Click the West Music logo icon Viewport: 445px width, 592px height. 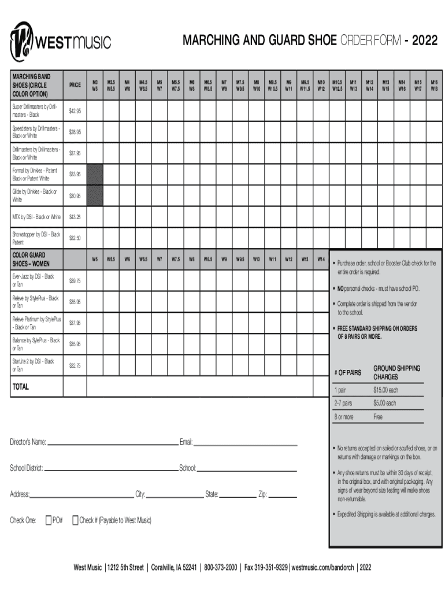[24, 40]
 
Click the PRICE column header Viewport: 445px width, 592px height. [75, 85]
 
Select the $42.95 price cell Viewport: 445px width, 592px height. [75, 110]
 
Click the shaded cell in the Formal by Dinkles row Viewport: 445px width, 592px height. [94, 174]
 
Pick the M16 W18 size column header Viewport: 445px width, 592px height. [433, 85]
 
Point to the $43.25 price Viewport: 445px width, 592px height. [75, 217]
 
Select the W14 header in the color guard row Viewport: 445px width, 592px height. [321, 260]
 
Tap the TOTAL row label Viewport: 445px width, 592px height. [21, 386]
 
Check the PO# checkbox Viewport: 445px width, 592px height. [49, 520]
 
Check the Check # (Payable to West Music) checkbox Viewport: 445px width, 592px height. [75, 520]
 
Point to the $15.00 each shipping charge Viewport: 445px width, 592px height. [386, 390]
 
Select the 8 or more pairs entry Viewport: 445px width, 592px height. [344, 416]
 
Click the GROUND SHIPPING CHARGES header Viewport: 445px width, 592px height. [396, 373]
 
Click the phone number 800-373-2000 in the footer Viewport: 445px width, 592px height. [220, 567]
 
